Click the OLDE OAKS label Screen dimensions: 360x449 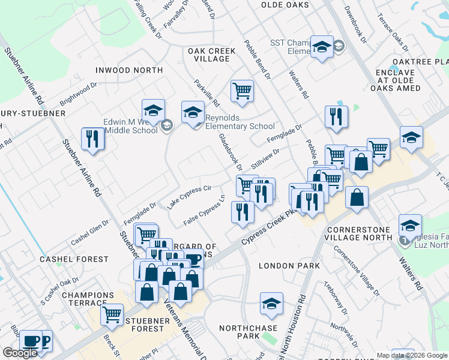(x=285, y=5)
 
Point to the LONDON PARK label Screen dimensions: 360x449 (x=285, y=265)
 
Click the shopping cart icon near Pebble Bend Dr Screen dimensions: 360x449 (x=242, y=91)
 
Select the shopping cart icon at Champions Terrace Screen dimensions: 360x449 (x=112, y=314)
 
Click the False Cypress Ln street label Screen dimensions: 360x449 (x=204, y=211)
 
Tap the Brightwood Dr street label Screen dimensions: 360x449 (x=78, y=92)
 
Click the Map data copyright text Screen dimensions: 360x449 (x=412, y=355)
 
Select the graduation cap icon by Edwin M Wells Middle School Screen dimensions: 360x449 (x=153, y=110)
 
